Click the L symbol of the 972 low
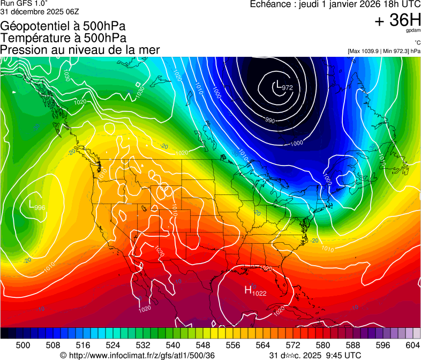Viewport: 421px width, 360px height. click(278, 84)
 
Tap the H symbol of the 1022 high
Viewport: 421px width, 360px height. click(248, 290)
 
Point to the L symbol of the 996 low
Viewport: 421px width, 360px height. click(31, 204)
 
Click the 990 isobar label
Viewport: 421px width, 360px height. click(270, 121)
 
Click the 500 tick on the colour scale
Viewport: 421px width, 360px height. click(23, 344)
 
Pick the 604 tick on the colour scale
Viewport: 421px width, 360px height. click(412, 344)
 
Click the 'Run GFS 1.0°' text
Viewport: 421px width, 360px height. click(20, 3)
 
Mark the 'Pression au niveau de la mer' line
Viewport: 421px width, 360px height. click(80, 50)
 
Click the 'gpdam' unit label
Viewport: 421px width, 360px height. click(413, 31)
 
